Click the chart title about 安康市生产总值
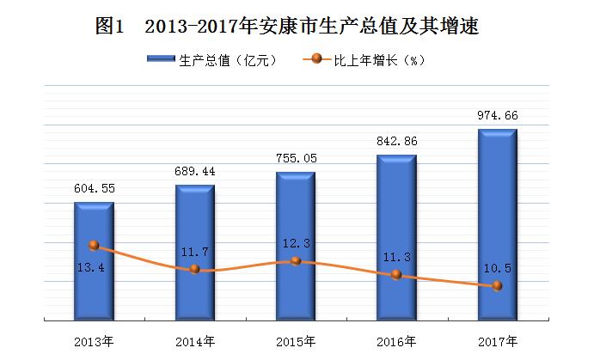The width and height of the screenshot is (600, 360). click(287, 27)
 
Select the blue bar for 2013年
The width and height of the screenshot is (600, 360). click(94, 261)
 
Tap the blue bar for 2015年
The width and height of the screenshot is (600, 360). click(296, 246)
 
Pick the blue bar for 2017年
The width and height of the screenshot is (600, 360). click(498, 224)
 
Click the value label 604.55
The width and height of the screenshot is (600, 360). click(95, 188)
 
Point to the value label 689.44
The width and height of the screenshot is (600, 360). click(195, 171)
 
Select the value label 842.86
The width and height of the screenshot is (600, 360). click(397, 141)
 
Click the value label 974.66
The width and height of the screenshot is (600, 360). click(498, 115)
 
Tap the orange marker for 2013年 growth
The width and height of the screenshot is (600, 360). click(94, 245)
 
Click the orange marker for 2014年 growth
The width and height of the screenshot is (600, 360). click(195, 269)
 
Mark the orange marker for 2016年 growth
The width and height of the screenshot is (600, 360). click(396, 274)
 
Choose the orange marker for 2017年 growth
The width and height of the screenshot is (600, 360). click(497, 285)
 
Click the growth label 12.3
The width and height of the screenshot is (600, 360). click(297, 243)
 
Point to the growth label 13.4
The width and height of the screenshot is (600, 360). click(91, 267)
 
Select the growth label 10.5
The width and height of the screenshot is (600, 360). click(498, 268)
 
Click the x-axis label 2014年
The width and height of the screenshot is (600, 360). click(195, 341)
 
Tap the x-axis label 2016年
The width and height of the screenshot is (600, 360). click(396, 341)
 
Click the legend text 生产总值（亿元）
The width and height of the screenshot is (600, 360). click(228, 60)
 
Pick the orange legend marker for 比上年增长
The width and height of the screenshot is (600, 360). click(317, 59)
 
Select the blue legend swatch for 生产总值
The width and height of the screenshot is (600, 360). click(161, 59)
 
